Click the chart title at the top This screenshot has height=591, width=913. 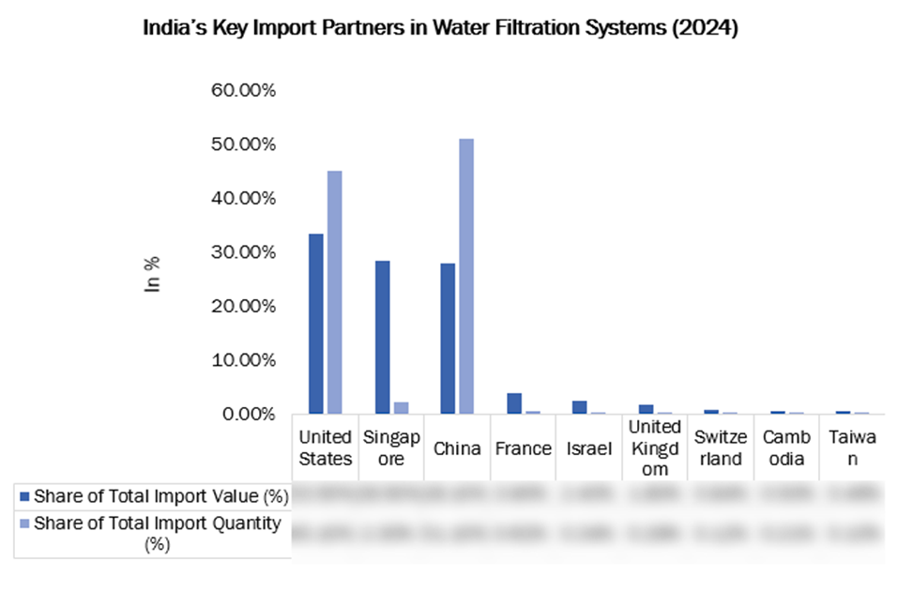coord(440,29)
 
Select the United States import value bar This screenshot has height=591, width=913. coord(316,324)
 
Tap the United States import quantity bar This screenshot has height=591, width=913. coord(334,292)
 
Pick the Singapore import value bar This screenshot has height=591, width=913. coord(382,337)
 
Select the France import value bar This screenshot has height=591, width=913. coord(514,403)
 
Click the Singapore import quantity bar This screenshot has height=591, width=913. coord(401,407)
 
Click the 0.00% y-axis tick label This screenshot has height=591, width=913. coord(246,414)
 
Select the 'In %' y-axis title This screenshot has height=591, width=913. coord(152,274)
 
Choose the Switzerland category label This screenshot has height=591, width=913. coord(721,447)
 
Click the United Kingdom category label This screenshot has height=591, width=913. coord(655,447)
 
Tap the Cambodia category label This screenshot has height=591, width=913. coord(786,447)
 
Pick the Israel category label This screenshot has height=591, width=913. coord(589,447)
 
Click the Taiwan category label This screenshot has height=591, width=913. coord(852,447)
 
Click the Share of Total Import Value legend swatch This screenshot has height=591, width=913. coord(24,495)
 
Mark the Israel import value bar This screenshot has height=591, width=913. coord(579,406)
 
